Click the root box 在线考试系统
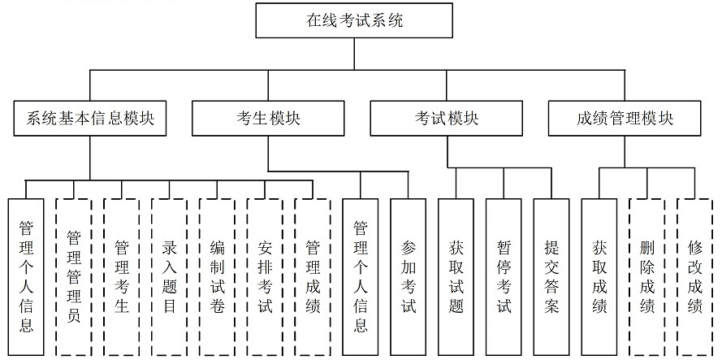click(353, 20)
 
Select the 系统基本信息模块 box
click(90, 119)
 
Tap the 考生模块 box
click(268, 119)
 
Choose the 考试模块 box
click(447, 119)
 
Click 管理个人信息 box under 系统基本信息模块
click(26, 276)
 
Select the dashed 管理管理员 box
click(74, 276)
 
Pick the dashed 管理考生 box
click(122, 276)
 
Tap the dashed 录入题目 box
click(170, 276)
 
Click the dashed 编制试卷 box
click(218, 276)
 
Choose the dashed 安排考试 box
click(266, 276)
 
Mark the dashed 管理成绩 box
click(313, 276)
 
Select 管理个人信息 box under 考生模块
click(361, 276)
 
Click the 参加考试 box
click(409, 276)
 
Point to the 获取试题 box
click(456, 276)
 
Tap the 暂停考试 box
click(504, 276)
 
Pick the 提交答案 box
click(551, 276)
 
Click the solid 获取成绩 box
click(599, 276)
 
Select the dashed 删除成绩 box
click(647, 276)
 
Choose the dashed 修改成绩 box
click(695, 276)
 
